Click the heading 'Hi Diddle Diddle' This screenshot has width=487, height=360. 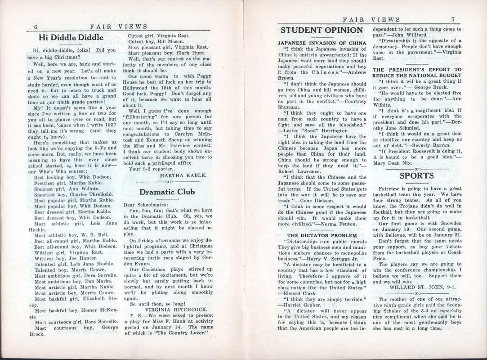71,38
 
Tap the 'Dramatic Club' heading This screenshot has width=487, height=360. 167,191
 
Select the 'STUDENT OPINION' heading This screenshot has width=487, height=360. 322,31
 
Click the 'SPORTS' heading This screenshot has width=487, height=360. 416,175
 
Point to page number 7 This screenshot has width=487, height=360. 454,19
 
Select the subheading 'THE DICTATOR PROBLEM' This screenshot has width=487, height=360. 321,235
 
